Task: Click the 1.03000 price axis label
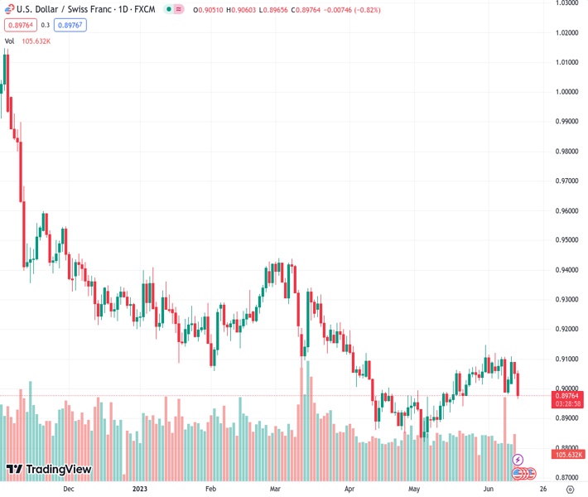pyautogui.click(x=566, y=3)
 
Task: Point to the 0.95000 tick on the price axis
pyautogui.click(x=566, y=240)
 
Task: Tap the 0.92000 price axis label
pyautogui.click(x=566, y=329)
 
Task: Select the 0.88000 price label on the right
pyautogui.click(x=566, y=447)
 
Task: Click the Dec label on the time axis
pyautogui.click(x=69, y=489)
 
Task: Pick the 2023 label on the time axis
pyautogui.click(x=139, y=489)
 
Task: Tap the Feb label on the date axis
pyautogui.click(x=210, y=489)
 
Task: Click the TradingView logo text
pyautogui.click(x=58, y=470)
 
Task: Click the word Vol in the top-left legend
pyautogui.click(x=10, y=41)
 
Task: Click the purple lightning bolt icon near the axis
pyautogui.click(x=518, y=459)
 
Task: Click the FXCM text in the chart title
pyautogui.click(x=145, y=8)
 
